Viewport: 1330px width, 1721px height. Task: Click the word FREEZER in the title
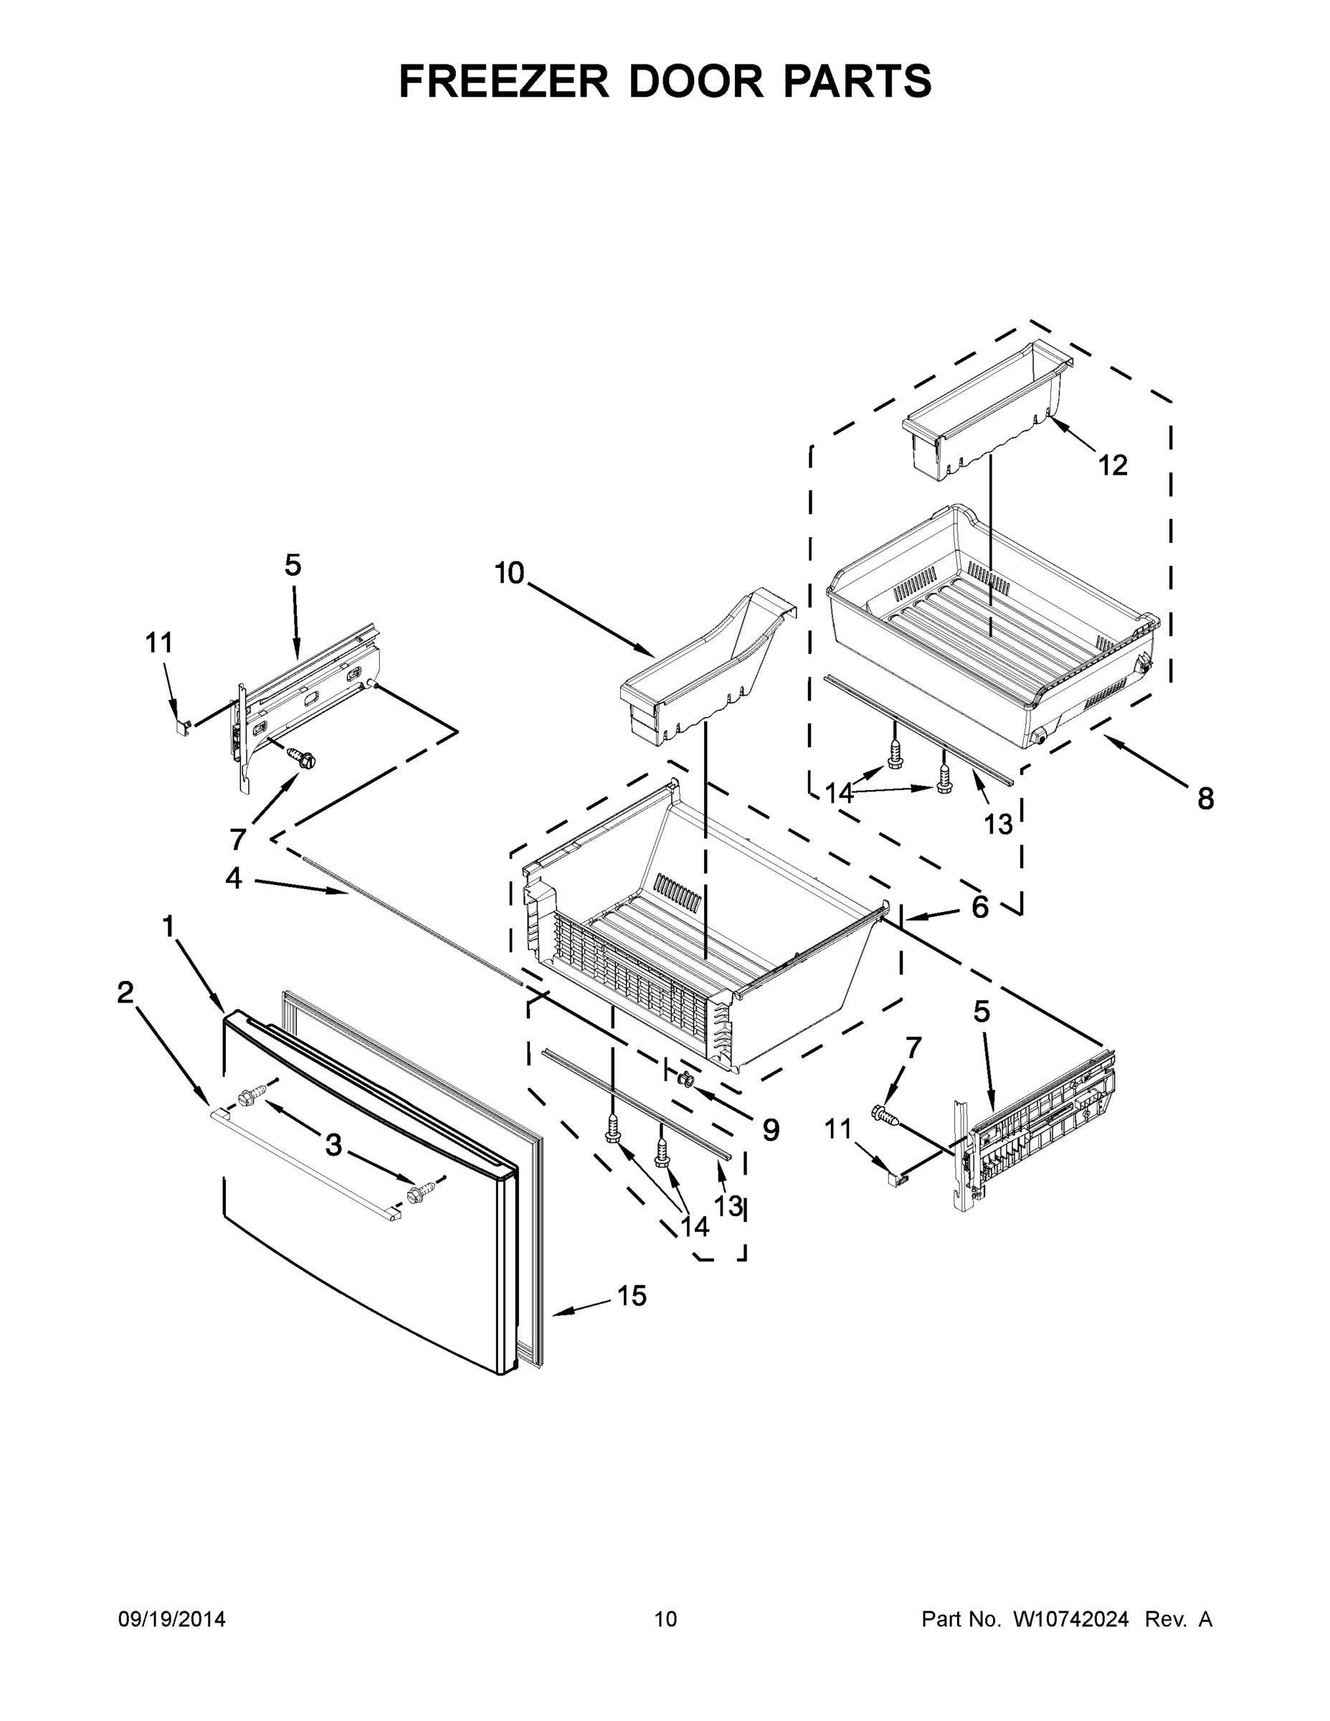point(504,81)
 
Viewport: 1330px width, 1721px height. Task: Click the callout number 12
point(1113,465)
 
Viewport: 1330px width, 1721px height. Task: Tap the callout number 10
point(510,573)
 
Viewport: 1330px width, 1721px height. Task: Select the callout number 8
point(1205,798)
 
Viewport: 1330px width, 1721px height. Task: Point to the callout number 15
point(632,1294)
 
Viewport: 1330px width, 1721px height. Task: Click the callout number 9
point(771,1130)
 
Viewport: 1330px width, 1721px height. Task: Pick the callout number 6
point(979,907)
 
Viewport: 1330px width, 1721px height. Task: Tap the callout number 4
point(233,877)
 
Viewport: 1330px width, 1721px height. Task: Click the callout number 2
point(125,992)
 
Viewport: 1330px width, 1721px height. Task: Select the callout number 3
point(333,1145)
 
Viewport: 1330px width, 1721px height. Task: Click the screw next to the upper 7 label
point(303,757)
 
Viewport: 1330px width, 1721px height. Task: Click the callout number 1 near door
point(168,926)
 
